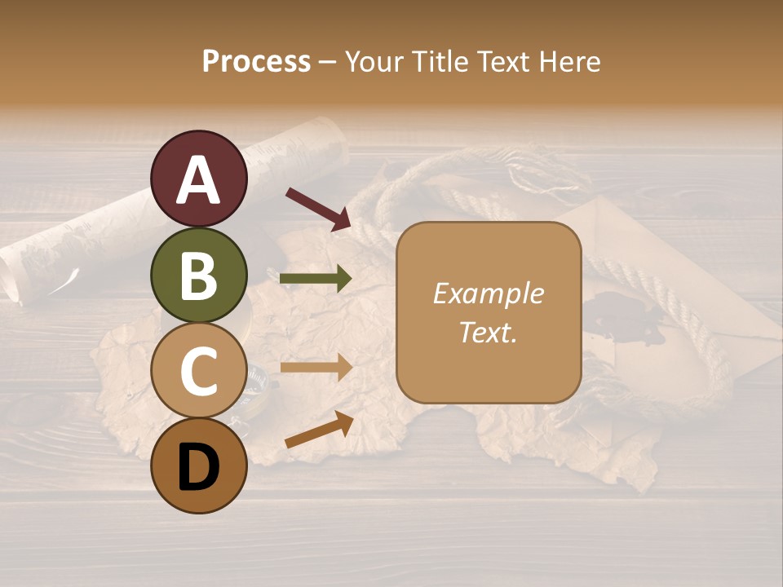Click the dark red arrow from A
[318, 208]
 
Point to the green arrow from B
[316, 279]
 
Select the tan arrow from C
[316, 368]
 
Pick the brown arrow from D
[319, 429]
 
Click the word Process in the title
[256, 61]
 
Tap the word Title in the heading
[440, 61]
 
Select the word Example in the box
[488, 293]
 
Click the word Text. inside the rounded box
[488, 332]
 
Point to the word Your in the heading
[374, 61]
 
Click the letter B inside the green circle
[199, 276]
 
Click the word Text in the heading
[505, 61]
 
